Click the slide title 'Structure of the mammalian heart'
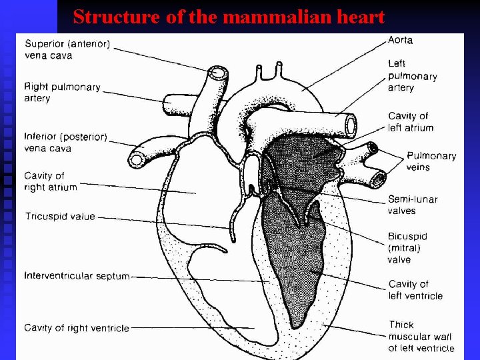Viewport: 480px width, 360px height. coord(229,16)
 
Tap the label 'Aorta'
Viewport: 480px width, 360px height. coord(401,40)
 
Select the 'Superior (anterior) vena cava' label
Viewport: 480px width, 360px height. coord(67,50)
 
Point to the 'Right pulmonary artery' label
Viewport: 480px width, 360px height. coord(62,93)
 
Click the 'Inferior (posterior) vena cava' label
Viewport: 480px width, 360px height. coord(65,142)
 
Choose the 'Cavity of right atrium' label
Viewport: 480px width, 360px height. coord(51,181)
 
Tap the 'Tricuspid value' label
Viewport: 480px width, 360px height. coord(60,217)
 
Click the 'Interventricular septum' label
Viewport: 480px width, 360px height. coord(77,275)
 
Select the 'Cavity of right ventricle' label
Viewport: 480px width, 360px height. coord(77,327)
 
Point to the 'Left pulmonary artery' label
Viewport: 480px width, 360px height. coord(412,75)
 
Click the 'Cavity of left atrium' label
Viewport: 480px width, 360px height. coord(410,122)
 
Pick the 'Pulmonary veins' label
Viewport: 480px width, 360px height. coord(431,161)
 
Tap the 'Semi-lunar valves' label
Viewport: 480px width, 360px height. coord(412,205)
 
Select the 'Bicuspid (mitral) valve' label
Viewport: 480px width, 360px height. coord(407,247)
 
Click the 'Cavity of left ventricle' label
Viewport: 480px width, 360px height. coord(415,290)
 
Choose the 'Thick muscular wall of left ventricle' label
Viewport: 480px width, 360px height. coord(420,336)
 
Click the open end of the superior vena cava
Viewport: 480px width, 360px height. coord(218,73)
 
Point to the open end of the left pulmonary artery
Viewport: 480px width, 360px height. coord(350,125)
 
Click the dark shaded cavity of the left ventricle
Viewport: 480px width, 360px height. coord(293,267)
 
